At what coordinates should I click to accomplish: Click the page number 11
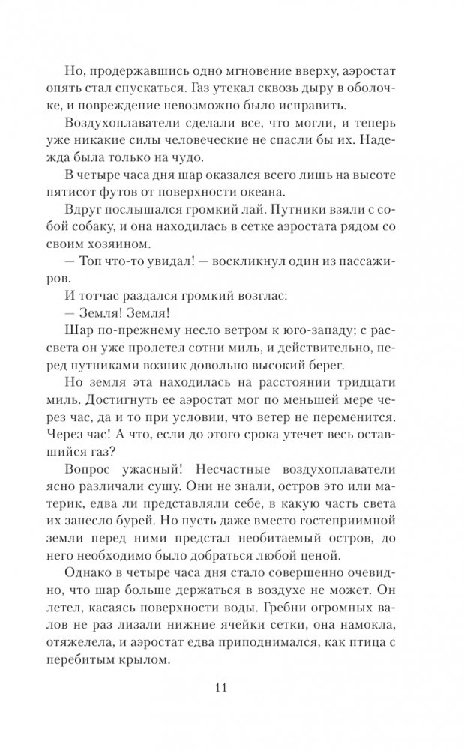coord(232,689)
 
